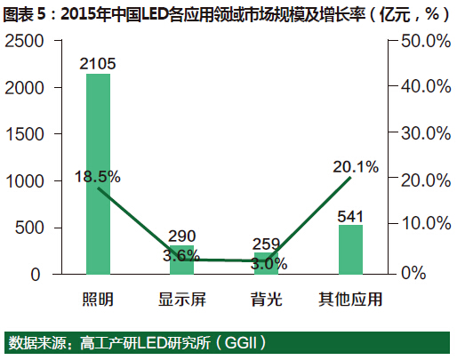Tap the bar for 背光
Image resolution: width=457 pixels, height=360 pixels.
tap(266, 263)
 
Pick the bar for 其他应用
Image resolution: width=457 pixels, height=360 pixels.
tap(350, 250)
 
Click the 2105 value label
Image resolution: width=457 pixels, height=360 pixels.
tap(98, 62)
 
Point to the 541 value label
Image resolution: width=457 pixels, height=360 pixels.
tap(351, 214)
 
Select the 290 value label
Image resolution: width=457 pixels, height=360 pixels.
tap(181, 236)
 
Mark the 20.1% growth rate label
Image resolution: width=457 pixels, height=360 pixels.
tap(357, 166)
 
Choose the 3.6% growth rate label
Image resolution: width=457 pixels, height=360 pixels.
tap(181, 256)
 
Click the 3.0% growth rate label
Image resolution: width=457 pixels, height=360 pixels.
tap(266, 263)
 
